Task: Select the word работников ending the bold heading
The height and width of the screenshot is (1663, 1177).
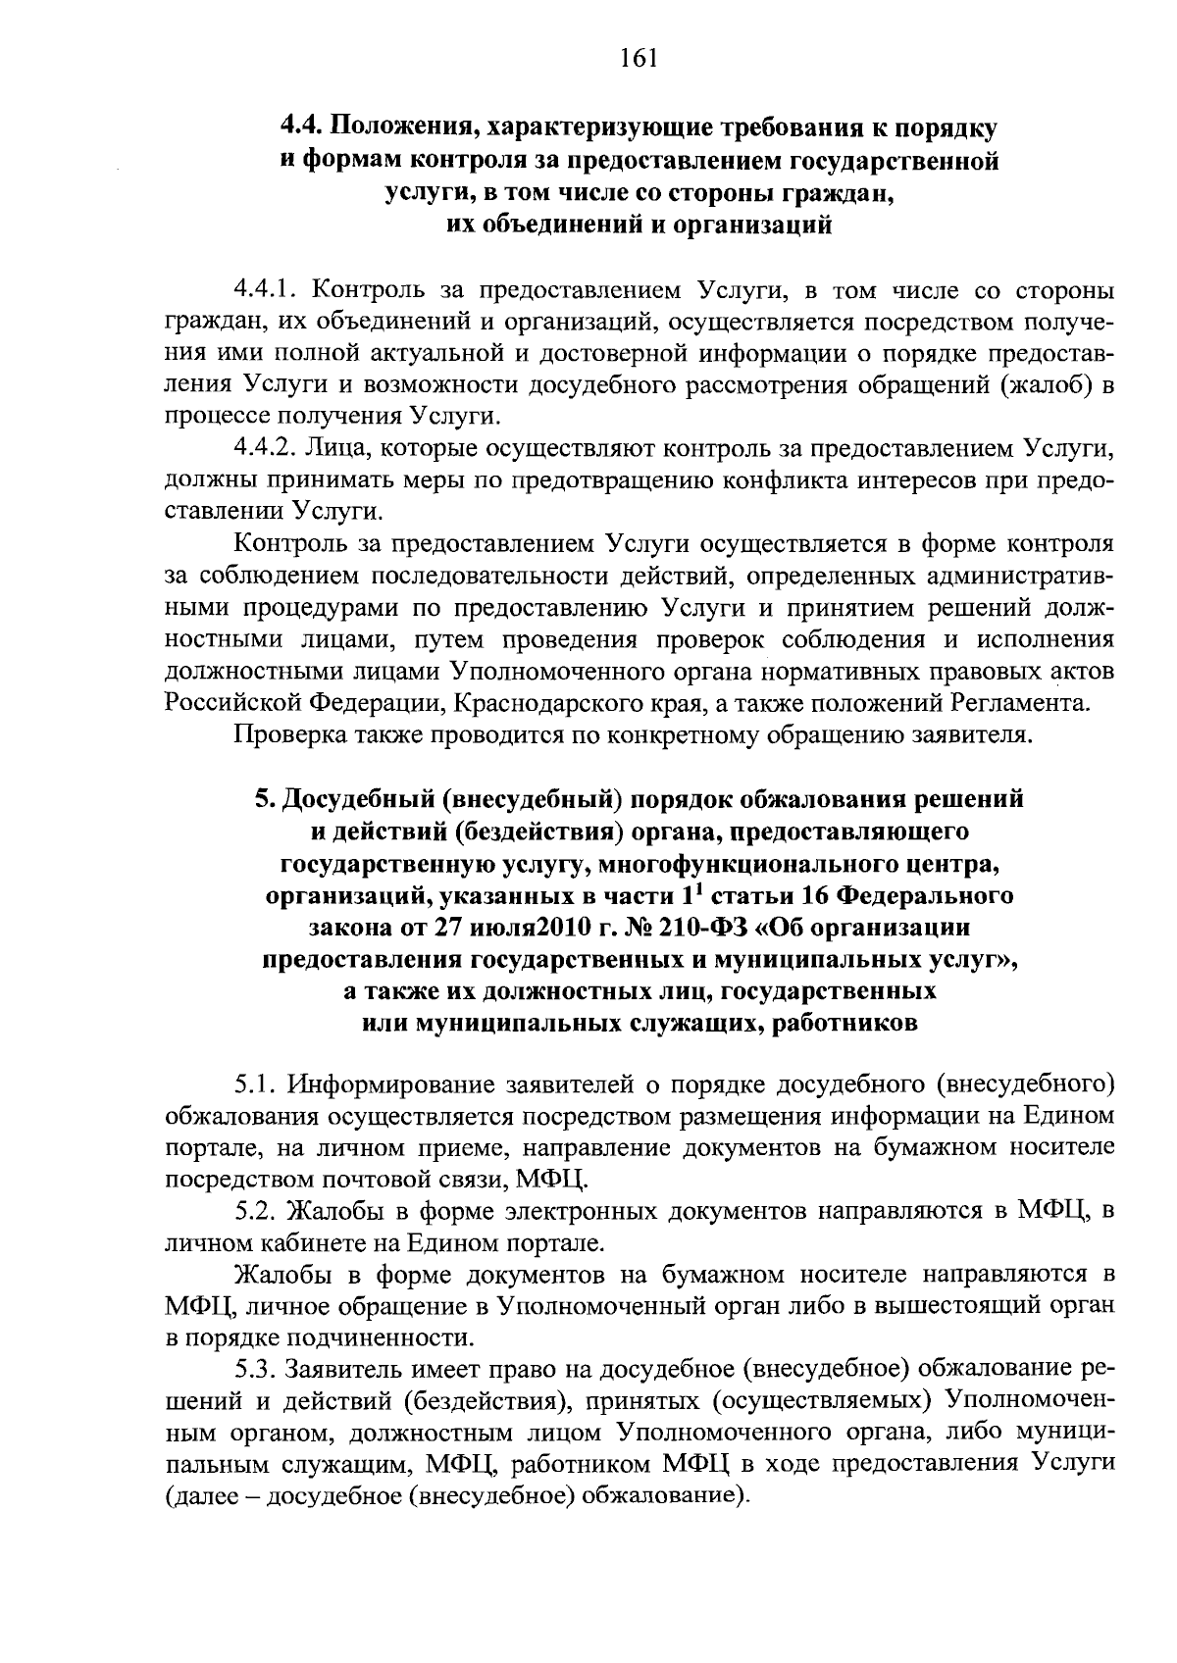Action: coord(845,1025)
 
